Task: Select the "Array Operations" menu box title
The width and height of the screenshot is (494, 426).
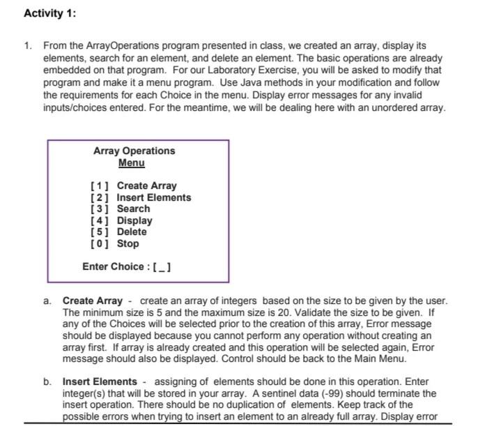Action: click(x=134, y=151)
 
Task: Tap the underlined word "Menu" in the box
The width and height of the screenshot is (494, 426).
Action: click(x=131, y=162)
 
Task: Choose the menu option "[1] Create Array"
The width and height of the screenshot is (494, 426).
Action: click(x=133, y=185)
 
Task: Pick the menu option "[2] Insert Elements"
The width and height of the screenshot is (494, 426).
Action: click(x=140, y=197)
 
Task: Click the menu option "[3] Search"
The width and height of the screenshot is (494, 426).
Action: click(x=120, y=208)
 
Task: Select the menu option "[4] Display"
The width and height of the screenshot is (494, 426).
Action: click(x=121, y=220)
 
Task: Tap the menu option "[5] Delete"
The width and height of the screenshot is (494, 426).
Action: click(x=118, y=231)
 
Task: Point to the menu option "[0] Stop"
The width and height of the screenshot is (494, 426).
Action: click(x=115, y=243)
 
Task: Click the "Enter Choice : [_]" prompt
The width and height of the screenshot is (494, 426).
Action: click(x=128, y=266)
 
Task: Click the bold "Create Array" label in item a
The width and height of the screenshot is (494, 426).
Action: click(x=93, y=301)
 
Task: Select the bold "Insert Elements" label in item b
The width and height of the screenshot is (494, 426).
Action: click(x=100, y=381)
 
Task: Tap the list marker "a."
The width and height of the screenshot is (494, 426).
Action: click(x=47, y=301)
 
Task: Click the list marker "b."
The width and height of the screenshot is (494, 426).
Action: click(x=47, y=381)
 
